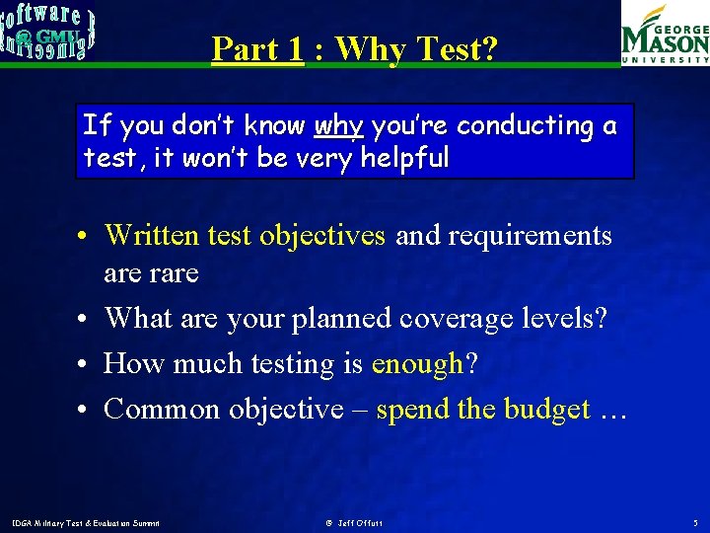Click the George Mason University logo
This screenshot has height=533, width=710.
664,35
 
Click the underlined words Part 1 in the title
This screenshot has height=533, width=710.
256,48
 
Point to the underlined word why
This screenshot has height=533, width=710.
339,127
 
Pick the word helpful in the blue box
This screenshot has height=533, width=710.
403,158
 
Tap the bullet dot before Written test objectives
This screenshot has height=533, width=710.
88,237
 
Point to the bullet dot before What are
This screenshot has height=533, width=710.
88,319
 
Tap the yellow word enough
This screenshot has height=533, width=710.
416,364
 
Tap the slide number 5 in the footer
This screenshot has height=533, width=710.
695,522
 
